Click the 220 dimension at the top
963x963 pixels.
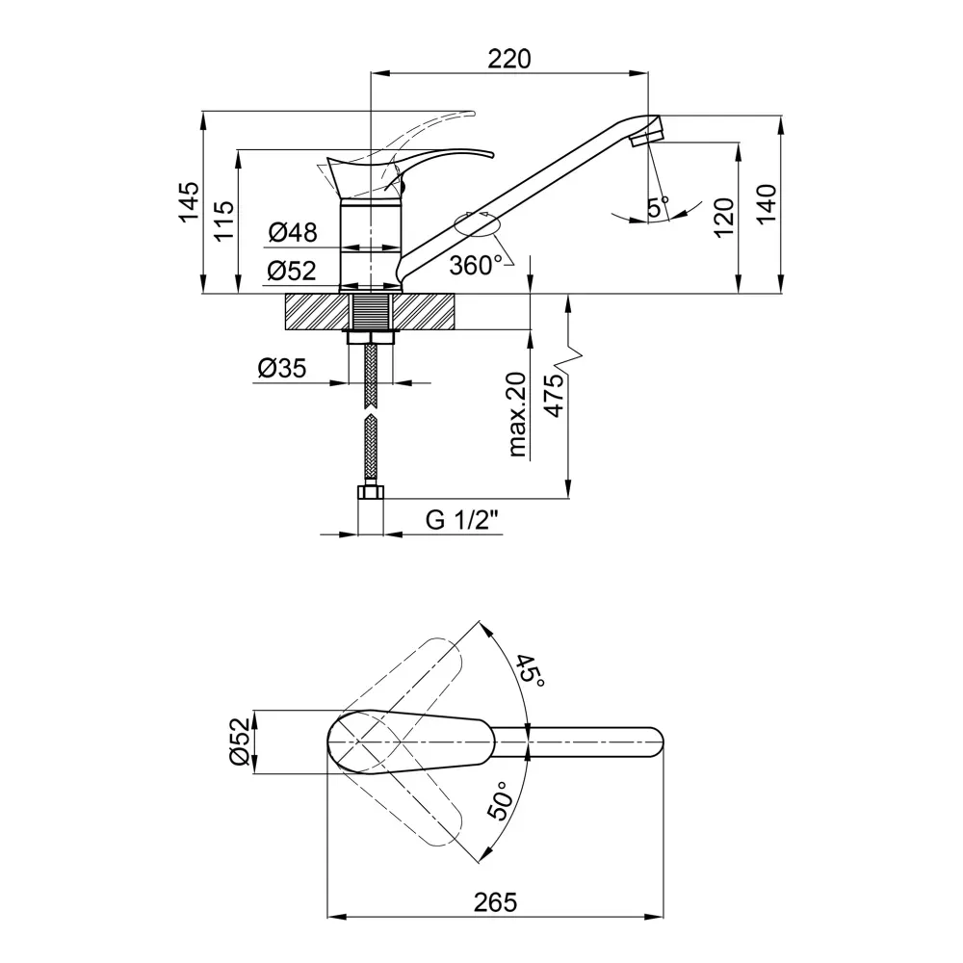coord(509,59)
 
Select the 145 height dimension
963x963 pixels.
coord(189,201)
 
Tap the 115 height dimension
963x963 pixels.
coord(224,221)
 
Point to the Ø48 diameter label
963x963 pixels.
coord(293,232)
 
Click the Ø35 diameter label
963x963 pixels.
coord(282,369)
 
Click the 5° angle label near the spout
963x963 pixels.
coord(659,207)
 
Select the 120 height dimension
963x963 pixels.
coord(724,217)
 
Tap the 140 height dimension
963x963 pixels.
coord(767,203)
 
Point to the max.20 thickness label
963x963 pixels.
coord(517,414)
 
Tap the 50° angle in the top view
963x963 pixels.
coord(500,801)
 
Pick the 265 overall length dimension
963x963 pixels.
coord(496,902)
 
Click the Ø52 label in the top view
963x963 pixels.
coord(240,742)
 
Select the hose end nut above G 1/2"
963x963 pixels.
coord(371,492)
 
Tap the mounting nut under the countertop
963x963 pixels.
coord(371,337)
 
